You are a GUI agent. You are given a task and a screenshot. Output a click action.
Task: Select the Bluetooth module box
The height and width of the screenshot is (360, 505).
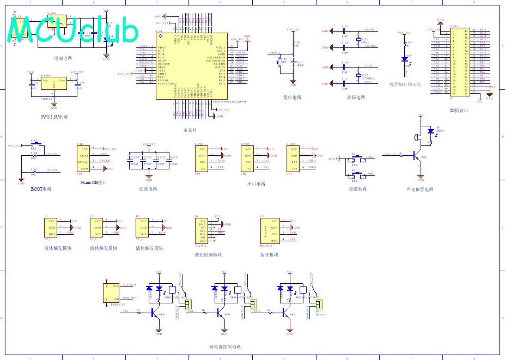[x=270, y=230]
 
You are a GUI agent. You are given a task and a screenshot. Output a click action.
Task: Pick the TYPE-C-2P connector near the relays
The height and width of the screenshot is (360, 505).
[x=112, y=293]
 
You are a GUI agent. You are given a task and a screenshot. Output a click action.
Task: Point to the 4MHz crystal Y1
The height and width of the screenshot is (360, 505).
[x=358, y=39]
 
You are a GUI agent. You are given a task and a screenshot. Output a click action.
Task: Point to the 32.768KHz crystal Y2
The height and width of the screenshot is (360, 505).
[x=358, y=76]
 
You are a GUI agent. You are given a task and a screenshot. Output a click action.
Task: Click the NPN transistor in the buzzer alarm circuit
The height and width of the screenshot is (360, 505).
[x=417, y=156]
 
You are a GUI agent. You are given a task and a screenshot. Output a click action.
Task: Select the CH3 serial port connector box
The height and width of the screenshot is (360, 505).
[x=295, y=158]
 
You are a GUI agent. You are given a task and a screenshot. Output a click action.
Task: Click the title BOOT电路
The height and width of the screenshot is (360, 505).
[x=41, y=190]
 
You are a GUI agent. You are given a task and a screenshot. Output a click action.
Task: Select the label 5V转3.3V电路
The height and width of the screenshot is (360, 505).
[x=54, y=117]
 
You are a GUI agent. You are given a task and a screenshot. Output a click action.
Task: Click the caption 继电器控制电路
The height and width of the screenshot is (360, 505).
[x=224, y=347]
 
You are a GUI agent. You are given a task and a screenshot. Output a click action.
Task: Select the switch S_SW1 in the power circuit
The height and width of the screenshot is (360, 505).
[x=57, y=21]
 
